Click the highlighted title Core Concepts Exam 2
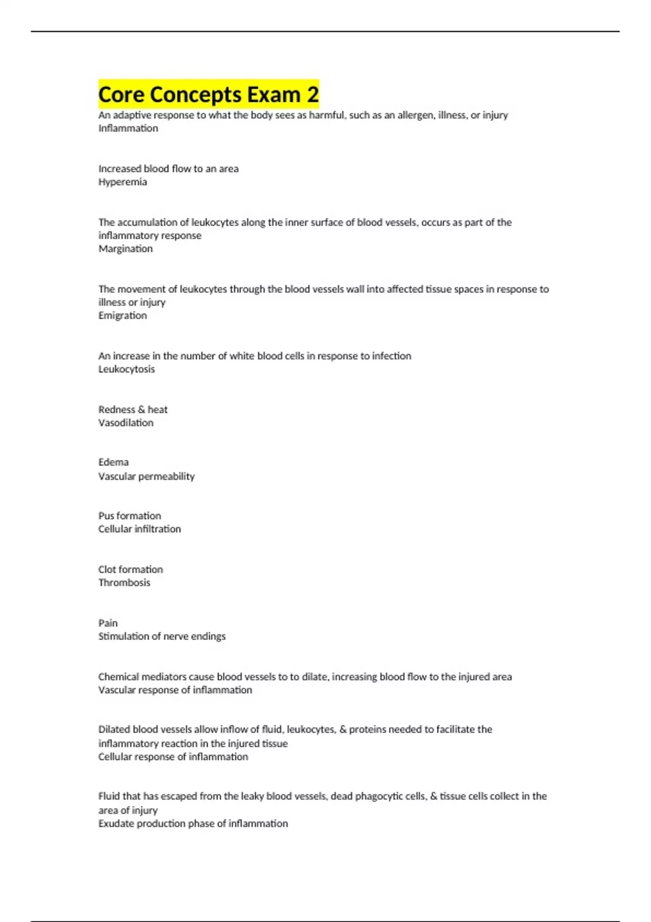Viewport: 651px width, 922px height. (x=208, y=94)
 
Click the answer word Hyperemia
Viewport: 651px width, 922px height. (x=123, y=182)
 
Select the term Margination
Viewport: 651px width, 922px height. (x=125, y=249)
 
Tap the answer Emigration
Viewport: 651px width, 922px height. (x=123, y=316)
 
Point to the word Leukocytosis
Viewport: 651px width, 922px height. (x=126, y=369)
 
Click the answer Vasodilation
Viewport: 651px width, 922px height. (x=126, y=423)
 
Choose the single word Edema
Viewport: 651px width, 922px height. (x=113, y=463)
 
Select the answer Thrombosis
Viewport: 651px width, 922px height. (x=124, y=583)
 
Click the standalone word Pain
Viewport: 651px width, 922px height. (x=108, y=623)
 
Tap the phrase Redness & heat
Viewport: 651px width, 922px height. (x=133, y=409)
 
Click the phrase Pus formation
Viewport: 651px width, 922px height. (x=130, y=516)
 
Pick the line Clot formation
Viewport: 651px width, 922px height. (x=131, y=569)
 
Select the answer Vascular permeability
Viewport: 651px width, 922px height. (x=146, y=477)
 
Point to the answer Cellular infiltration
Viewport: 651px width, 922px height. (x=139, y=529)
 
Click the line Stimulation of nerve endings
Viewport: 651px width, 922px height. (x=162, y=637)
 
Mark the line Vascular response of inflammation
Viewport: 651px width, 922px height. (x=175, y=690)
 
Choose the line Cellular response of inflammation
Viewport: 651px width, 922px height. (x=173, y=757)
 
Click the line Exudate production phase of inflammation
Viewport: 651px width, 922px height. (x=193, y=824)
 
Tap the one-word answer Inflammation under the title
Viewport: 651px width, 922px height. (x=128, y=129)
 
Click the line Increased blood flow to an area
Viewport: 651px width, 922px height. (x=168, y=169)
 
